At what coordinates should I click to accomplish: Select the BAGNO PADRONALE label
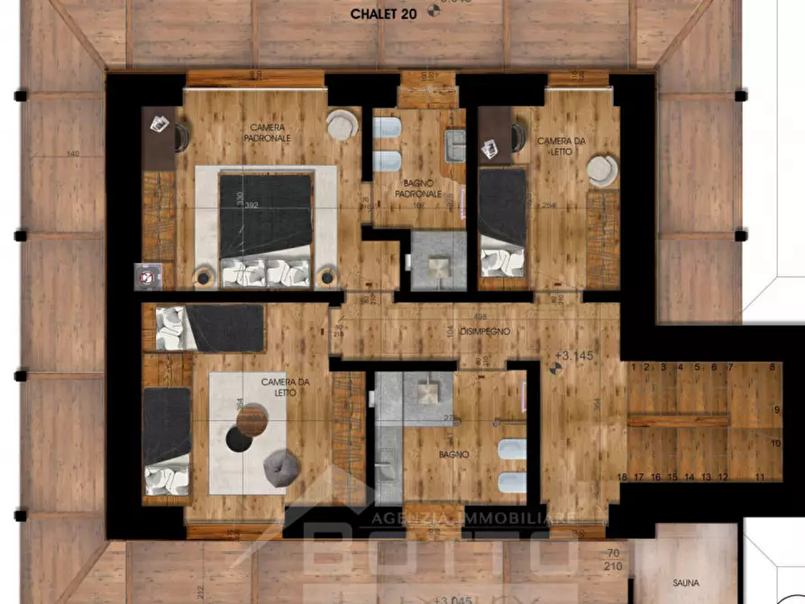click(421, 188)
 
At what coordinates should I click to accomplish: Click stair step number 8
click(773, 367)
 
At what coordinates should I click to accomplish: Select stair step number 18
click(621, 477)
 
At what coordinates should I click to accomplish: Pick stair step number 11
click(760, 477)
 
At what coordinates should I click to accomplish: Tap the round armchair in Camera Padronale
click(341, 124)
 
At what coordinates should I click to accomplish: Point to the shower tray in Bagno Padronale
click(439, 262)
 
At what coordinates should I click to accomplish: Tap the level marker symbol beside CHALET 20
click(435, 12)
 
